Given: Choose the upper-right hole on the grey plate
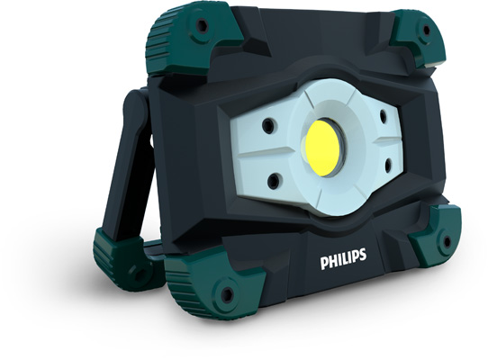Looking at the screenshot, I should point(382,114).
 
